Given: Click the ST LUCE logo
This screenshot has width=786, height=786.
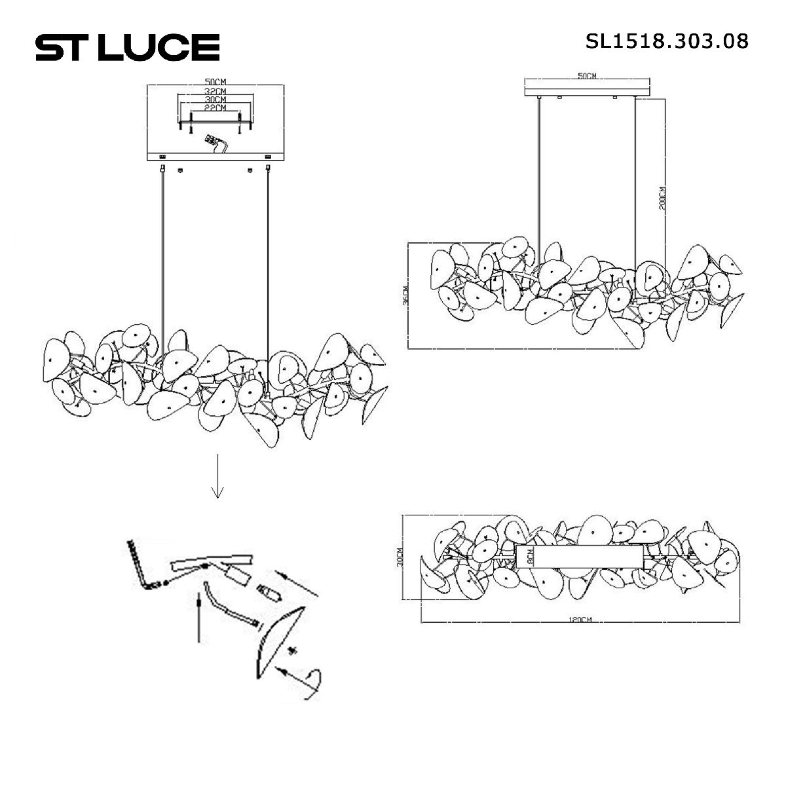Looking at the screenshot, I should point(127,47).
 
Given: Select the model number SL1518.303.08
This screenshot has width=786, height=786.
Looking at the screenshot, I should point(666,41).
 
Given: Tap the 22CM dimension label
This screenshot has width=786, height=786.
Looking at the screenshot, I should point(215,107).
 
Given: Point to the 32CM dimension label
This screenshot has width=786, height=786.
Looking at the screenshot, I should point(215,90).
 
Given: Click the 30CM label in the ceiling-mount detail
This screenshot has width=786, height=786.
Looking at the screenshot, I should point(215,99).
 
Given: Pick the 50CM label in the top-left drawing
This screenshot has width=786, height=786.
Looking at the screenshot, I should point(215,82).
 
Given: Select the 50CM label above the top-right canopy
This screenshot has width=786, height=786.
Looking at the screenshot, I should point(586,77).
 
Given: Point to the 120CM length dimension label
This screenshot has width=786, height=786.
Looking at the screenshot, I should point(580,620).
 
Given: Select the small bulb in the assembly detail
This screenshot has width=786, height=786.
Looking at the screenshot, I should point(271,592).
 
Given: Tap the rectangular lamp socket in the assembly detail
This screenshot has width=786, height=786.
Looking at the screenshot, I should point(238,576).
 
